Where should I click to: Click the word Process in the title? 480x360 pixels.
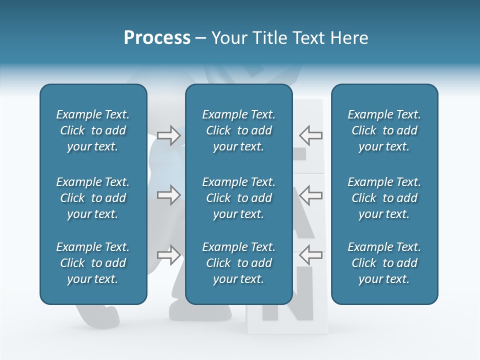pos(157,38)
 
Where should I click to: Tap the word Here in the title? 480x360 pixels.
pos(350,38)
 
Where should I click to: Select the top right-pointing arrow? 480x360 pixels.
pos(169,135)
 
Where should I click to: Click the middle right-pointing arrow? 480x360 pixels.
pos(169,195)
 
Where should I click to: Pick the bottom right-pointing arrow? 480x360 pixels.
pos(169,255)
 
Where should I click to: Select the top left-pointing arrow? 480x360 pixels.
pos(310,135)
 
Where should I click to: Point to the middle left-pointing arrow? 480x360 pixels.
pos(310,195)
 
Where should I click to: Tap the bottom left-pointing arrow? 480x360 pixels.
pos(310,255)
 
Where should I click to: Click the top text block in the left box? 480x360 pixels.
pos(93,130)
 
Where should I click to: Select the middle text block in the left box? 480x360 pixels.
pos(93,198)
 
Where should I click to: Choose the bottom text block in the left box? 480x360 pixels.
pos(93,263)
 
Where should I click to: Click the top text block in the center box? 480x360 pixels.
pos(238,130)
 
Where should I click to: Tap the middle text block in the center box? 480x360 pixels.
pos(238,198)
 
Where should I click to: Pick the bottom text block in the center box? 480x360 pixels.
pos(238,263)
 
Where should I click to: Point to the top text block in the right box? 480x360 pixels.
pos(384,130)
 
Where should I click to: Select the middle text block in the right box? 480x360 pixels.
pos(384,198)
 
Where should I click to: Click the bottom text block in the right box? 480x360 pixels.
pos(384,263)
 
